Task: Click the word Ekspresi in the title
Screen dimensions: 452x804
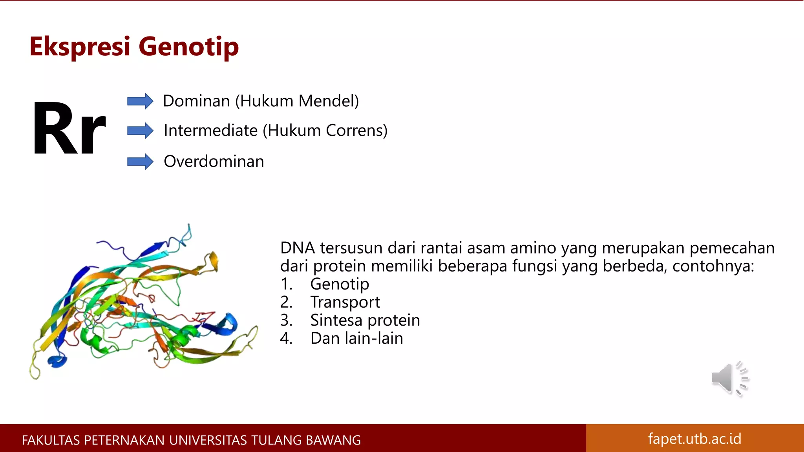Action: (x=80, y=46)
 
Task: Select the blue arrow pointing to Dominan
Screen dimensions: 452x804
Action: (x=140, y=101)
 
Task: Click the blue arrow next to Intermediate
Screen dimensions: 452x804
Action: (x=140, y=131)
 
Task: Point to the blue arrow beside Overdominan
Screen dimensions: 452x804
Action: (x=140, y=162)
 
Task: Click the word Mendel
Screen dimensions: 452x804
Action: (x=328, y=101)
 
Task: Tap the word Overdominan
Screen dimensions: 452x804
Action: (x=214, y=162)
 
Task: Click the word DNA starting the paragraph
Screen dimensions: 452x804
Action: (x=298, y=248)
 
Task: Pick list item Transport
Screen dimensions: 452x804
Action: (x=345, y=302)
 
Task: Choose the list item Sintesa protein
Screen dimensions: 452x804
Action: (x=365, y=320)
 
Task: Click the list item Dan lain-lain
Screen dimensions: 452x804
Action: (x=356, y=338)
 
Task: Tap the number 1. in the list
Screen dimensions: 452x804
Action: (x=287, y=284)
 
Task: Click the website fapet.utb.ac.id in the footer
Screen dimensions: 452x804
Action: (x=694, y=439)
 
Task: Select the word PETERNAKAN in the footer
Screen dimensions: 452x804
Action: (x=124, y=440)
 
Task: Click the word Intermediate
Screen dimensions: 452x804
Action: (x=210, y=131)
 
